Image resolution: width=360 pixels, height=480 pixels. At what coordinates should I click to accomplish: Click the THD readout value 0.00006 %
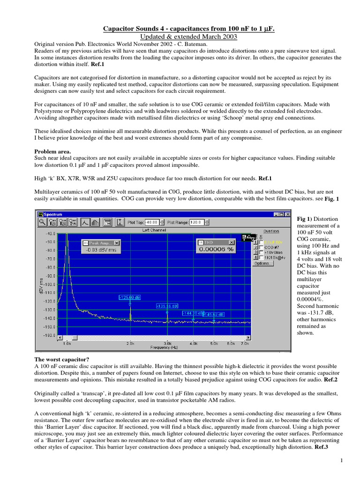(x=216, y=250)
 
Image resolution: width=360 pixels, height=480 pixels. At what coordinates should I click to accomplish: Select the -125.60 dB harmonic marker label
(x=130, y=297)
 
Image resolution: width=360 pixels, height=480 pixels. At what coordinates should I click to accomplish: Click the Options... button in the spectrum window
(x=263, y=263)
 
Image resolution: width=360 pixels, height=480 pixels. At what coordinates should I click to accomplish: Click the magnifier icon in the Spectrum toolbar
(x=42, y=222)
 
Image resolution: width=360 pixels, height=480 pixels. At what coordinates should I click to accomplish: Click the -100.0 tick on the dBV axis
(x=49, y=284)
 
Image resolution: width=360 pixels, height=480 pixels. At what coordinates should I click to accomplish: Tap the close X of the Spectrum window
(x=288, y=214)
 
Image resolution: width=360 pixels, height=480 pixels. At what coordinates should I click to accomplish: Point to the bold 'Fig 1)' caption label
(x=304, y=219)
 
